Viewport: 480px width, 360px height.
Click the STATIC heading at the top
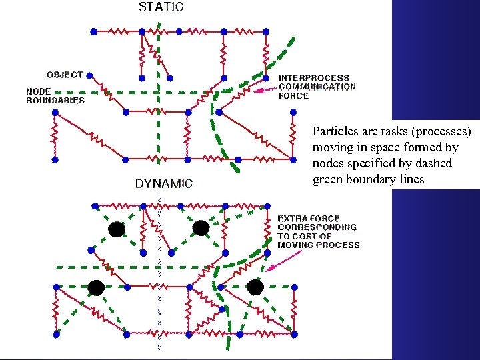161,8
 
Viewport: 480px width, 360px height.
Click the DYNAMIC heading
164,183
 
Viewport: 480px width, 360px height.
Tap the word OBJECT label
65,75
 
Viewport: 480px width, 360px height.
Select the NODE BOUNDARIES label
55,95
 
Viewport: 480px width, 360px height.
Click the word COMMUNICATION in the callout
317,87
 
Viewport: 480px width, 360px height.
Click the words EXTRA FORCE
309,219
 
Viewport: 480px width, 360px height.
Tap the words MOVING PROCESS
319,245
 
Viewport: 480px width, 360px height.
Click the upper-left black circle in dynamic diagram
117,229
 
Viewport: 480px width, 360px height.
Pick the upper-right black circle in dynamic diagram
201,229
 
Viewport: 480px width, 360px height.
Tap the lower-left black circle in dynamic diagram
95,287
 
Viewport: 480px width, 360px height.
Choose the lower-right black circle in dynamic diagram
254,287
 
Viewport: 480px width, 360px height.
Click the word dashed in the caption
433,163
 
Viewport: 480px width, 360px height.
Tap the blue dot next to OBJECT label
89,76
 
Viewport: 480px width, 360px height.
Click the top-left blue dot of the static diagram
93,31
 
